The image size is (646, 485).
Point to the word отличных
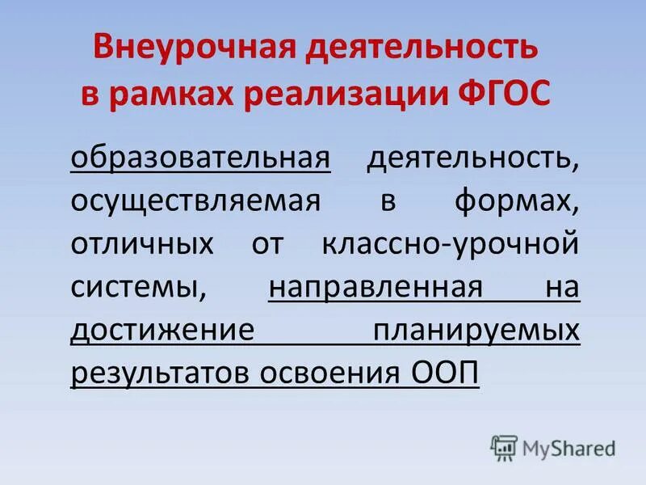tap(142, 243)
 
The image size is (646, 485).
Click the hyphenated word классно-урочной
tap(451, 243)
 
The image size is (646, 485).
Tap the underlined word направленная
tap(375, 287)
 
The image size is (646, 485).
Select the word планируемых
tap(476, 331)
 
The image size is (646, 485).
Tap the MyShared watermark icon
tap(503, 448)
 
